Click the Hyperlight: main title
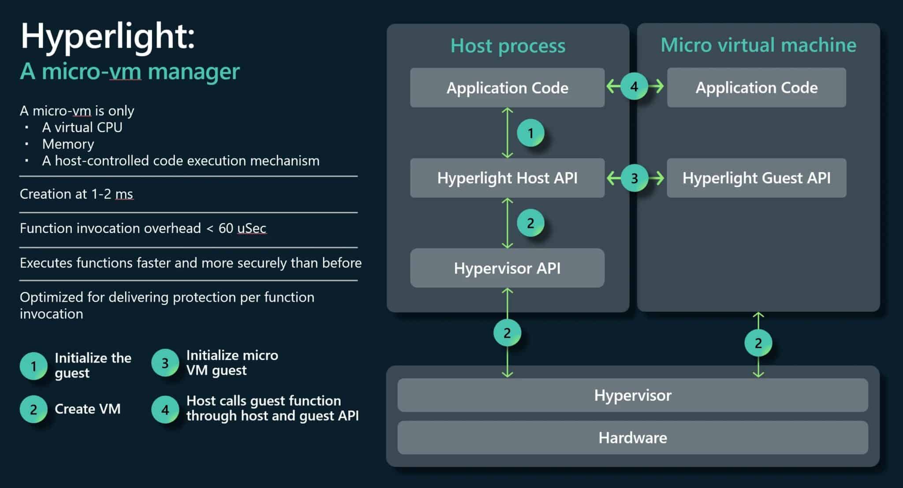(x=108, y=36)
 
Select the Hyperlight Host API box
(x=507, y=178)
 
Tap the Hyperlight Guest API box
(x=756, y=178)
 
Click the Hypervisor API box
(x=507, y=268)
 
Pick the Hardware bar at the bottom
(x=632, y=438)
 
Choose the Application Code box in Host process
(x=507, y=88)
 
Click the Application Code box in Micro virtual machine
(x=756, y=88)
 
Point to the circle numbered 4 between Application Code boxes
(x=634, y=86)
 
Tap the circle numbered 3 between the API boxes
(x=634, y=178)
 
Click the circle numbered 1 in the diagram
(x=530, y=133)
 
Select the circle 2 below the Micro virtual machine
(x=758, y=343)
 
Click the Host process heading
(x=507, y=46)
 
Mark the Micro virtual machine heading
(x=758, y=45)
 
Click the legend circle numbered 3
(x=165, y=363)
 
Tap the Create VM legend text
(x=87, y=409)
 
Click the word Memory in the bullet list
(x=68, y=144)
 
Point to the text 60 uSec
(x=242, y=228)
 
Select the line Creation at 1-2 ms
(x=76, y=194)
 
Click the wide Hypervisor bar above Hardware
(x=632, y=395)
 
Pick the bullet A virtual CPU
(x=82, y=127)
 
